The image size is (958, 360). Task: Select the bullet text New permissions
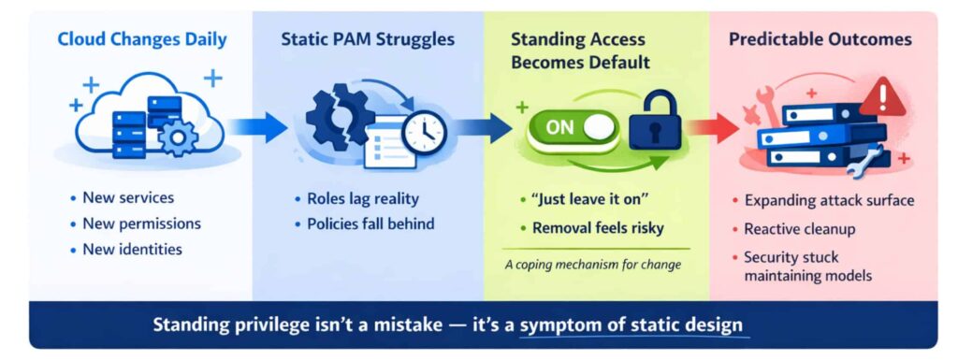coord(141,223)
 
